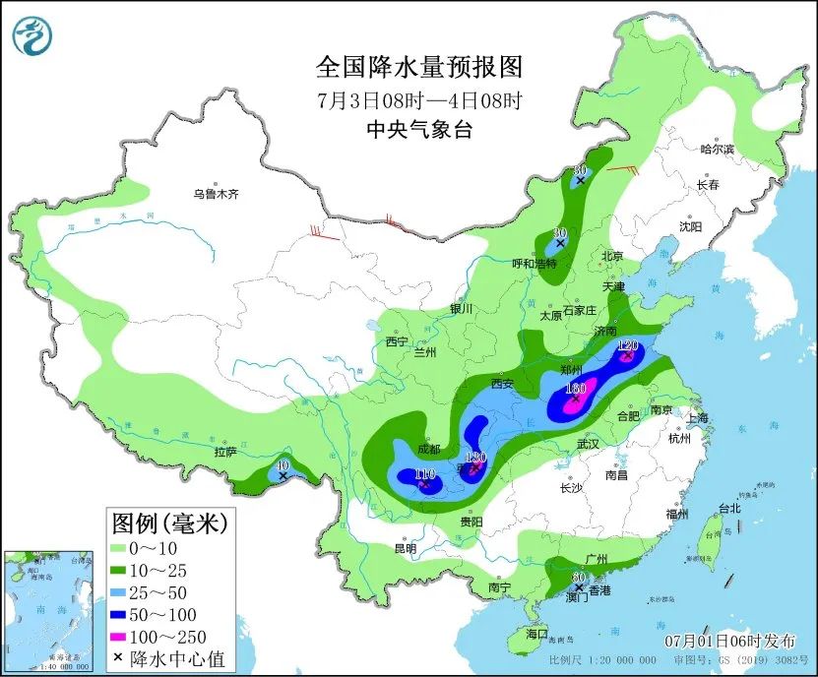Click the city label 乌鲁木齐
click(216, 195)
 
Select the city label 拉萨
click(225, 453)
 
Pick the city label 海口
click(535, 635)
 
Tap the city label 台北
click(728, 509)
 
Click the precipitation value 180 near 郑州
click(576, 389)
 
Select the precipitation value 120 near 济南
click(628, 345)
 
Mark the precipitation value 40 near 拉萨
click(283, 464)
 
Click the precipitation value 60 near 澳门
click(579, 577)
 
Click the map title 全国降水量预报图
click(418, 67)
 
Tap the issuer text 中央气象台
click(418, 129)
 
